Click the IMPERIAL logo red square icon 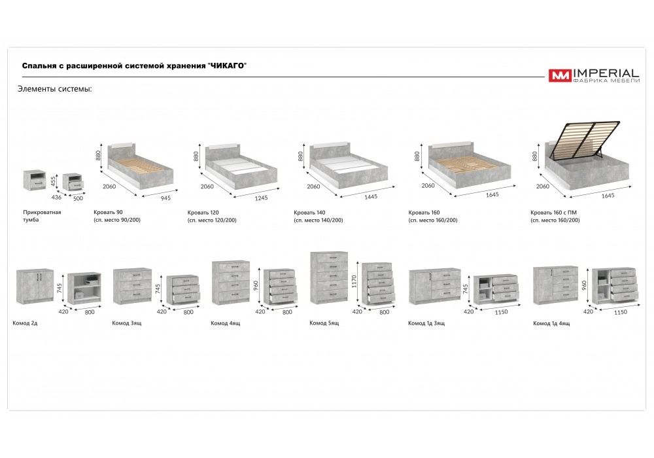tap(560, 75)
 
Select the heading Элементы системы tap(55, 89)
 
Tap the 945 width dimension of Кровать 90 tap(165, 198)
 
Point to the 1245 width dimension tap(261, 198)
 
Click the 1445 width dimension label tap(371, 197)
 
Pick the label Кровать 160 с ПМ tap(553, 212)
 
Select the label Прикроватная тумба tap(42, 216)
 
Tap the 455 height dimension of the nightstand tap(53, 181)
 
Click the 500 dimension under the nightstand tap(78, 198)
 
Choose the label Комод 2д tap(25, 323)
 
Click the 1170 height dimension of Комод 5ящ tap(354, 281)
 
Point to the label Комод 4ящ tap(225, 323)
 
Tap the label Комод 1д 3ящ tap(426, 323)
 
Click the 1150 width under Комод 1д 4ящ tap(621, 312)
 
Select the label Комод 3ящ tap(127, 323)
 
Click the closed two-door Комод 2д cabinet tap(35, 286)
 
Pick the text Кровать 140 tap(309, 212)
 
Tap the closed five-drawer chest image tap(329, 278)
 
